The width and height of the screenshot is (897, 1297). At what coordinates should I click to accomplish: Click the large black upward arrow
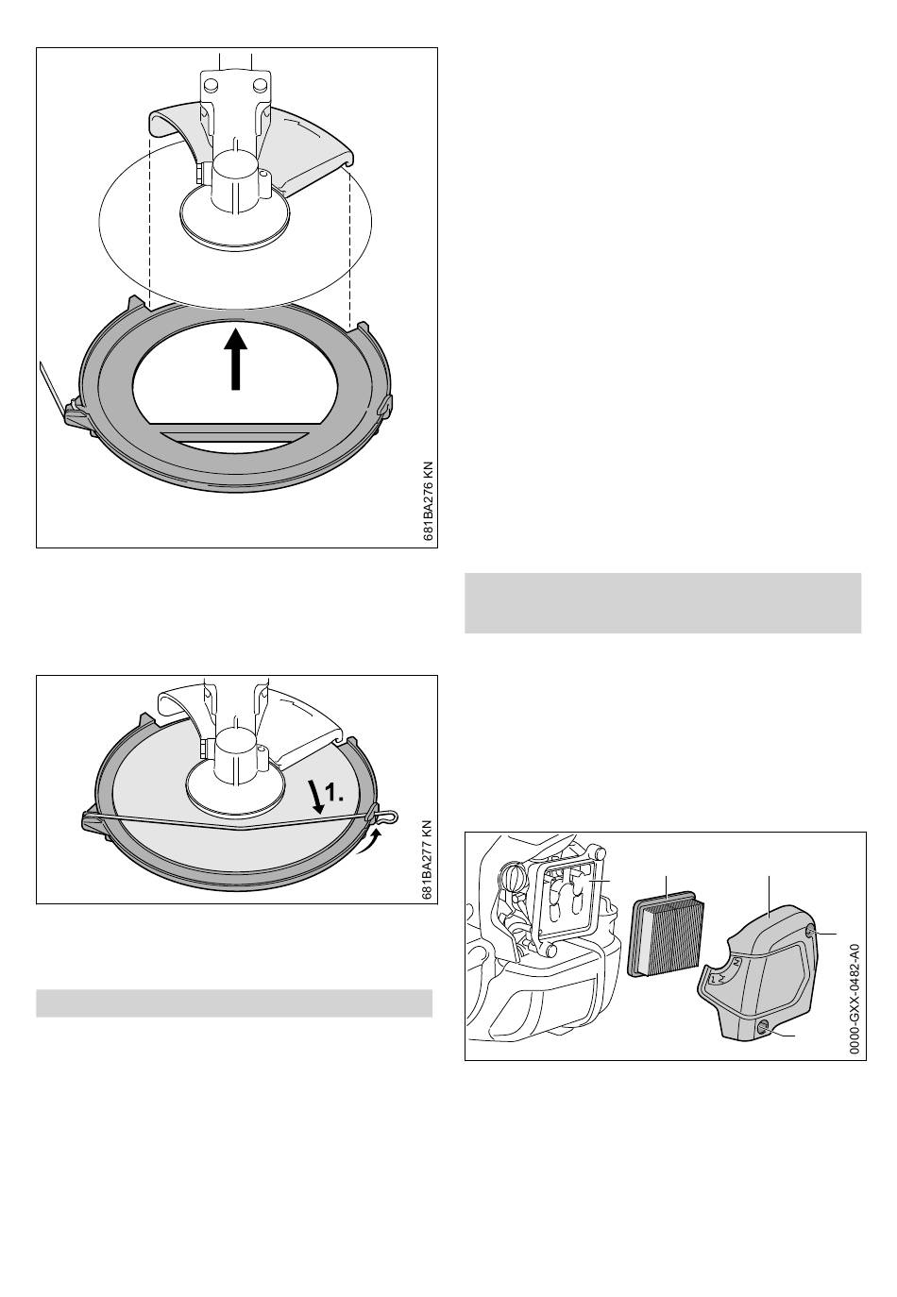(235, 359)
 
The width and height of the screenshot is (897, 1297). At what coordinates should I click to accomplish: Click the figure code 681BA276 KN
(429, 501)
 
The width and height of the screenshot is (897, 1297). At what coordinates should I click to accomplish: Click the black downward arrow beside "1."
(314, 797)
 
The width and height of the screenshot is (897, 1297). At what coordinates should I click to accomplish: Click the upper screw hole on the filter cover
(810, 931)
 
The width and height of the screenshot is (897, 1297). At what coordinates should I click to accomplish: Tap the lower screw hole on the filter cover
(763, 1028)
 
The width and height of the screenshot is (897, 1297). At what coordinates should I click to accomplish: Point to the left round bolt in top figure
(211, 85)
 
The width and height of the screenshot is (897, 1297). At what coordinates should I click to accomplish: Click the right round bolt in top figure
(260, 85)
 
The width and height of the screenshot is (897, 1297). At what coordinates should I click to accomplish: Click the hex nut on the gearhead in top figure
(200, 173)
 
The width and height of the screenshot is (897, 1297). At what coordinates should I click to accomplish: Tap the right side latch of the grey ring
(385, 405)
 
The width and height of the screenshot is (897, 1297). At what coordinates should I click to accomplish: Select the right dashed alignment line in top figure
(349, 249)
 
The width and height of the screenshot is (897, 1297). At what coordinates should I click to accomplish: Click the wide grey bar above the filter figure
(663, 603)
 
